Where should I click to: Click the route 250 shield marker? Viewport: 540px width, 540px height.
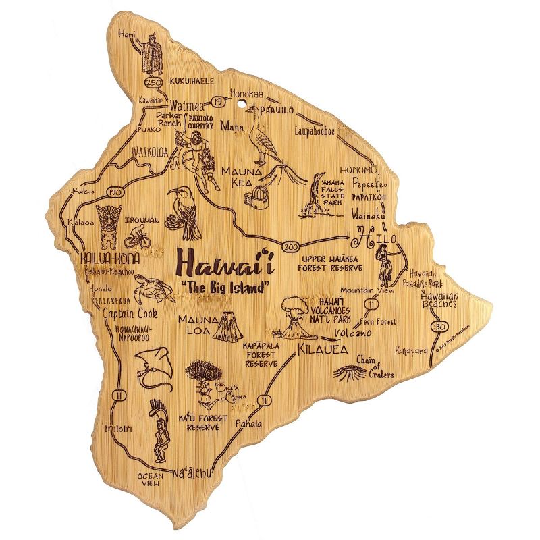click(x=153, y=82)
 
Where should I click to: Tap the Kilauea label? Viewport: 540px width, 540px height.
click(x=321, y=350)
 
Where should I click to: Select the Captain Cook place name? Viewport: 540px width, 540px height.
click(x=130, y=314)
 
